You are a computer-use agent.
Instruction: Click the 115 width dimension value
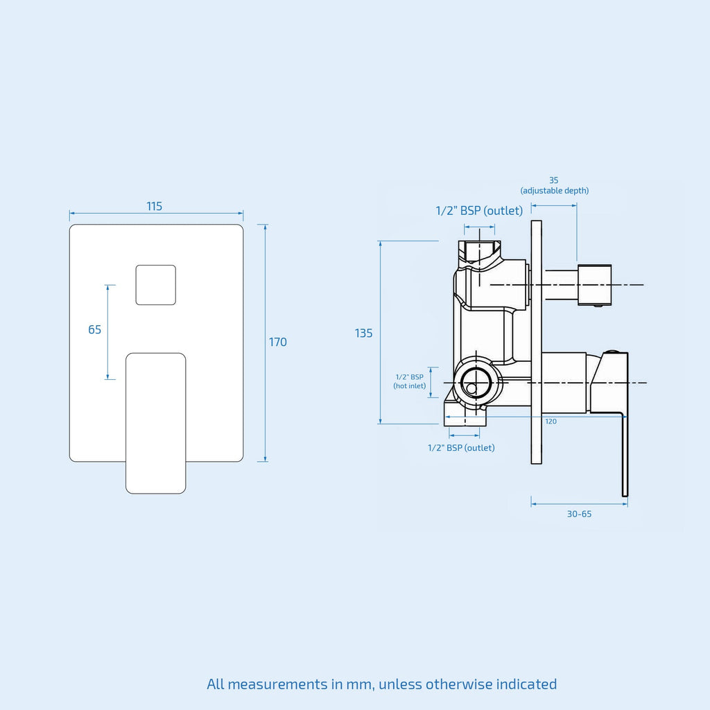(155, 207)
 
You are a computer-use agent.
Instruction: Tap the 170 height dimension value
(277, 342)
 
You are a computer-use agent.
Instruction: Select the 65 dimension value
(94, 329)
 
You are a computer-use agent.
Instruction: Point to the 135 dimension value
(363, 334)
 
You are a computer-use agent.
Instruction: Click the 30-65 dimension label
(579, 514)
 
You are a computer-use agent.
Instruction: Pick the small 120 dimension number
(551, 422)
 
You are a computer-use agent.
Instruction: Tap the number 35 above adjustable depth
(554, 180)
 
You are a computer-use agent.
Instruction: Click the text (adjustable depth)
(555, 191)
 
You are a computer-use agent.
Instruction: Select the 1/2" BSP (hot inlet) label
(410, 381)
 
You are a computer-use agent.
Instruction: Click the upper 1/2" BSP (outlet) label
(479, 211)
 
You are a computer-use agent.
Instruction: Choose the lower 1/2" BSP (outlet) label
(461, 448)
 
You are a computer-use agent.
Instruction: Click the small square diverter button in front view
(156, 285)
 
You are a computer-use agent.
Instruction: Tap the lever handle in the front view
(156, 424)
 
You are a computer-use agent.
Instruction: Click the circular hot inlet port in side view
(476, 383)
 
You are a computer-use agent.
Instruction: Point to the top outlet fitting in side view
(480, 251)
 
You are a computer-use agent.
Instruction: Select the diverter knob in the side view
(594, 285)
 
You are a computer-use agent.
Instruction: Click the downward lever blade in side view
(625, 454)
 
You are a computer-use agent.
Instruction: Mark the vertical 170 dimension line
(266, 343)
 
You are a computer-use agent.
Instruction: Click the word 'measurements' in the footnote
(277, 684)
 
